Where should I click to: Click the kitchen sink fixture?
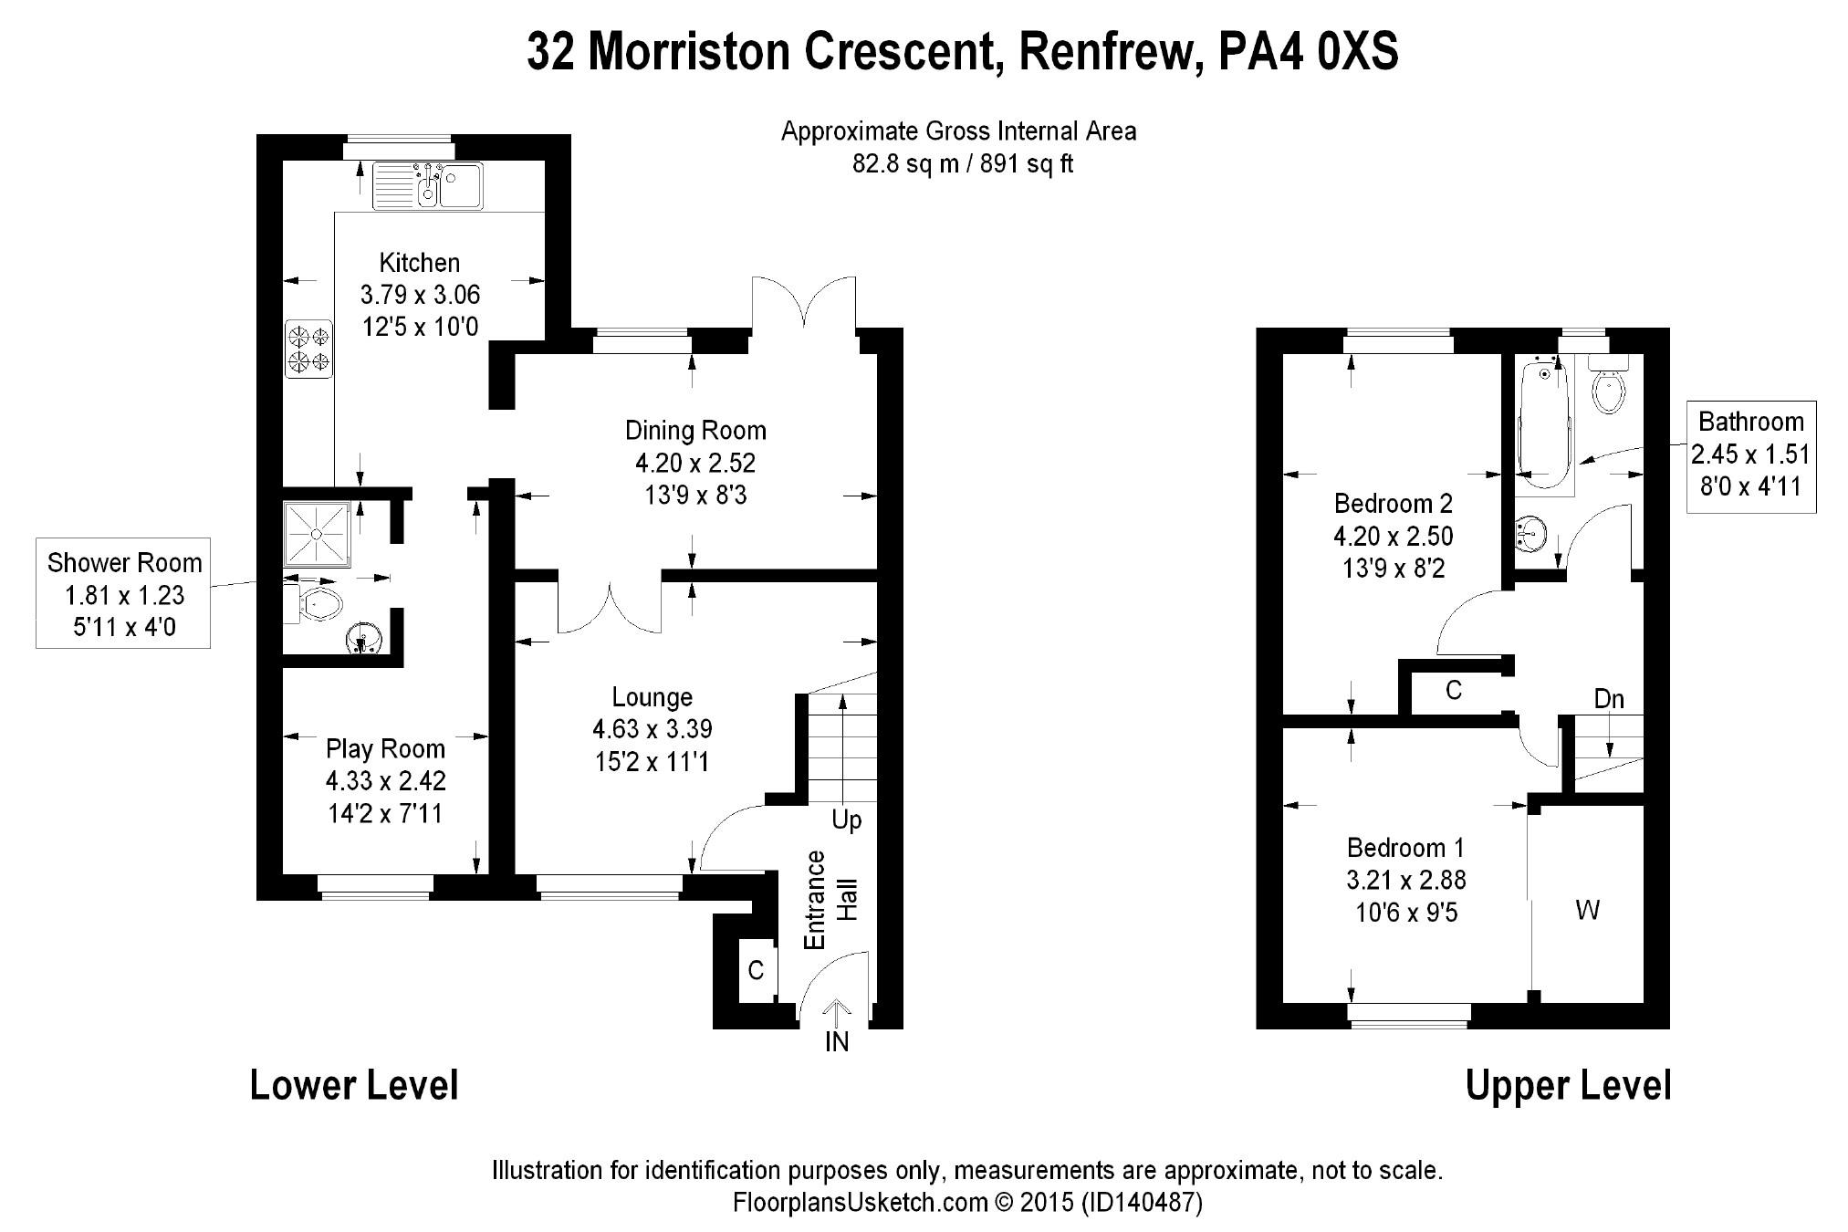pyautogui.click(x=428, y=185)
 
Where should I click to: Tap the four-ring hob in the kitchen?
pyautogui.click(x=308, y=348)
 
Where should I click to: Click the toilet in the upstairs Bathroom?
pyautogui.click(x=1608, y=388)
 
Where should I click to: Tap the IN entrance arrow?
pyautogui.click(x=837, y=1013)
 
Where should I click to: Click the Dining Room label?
pyautogui.click(x=695, y=430)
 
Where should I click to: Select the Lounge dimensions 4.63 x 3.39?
pyautogui.click(x=653, y=729)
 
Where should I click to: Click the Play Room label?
pyautogui.click(x=385, y=749)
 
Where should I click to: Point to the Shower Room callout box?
pyautogui.click(x=123, y=594)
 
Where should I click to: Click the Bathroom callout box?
pyautogui.click(x=1750, y=454)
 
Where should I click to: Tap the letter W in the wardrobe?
pyautogui.click(x=1588, y=910)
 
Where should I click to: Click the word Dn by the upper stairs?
pyautogui.click(x=1609, y=699)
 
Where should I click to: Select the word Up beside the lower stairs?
pyautogui.click(x=846, y=820)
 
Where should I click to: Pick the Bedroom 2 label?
pyautogui.click(x=1393, y=503)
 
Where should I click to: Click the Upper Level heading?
pyautogui.click(x=1568, y=1086)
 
